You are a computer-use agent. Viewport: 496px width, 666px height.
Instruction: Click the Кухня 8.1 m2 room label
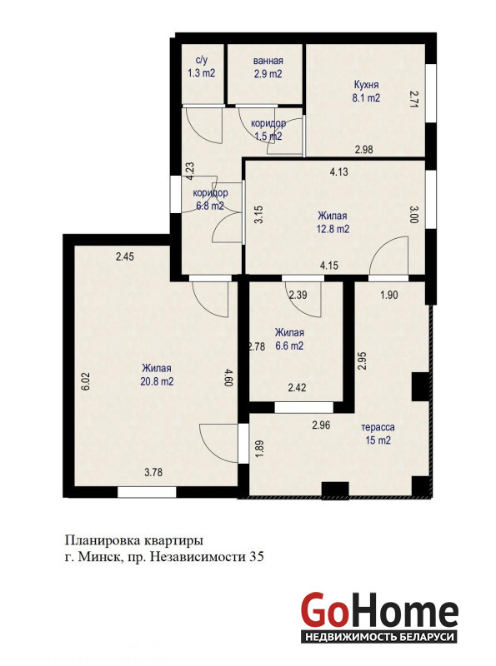pos(366,92)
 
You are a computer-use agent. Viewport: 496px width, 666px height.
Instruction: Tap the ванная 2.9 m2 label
pos(268,67)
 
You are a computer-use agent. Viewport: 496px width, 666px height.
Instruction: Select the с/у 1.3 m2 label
pos(202,67)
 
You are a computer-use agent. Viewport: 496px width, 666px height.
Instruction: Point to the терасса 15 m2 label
pos(378,434)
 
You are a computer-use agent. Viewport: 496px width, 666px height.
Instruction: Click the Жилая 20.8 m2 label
pos(157,375)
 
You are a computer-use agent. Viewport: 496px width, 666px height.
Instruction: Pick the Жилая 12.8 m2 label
pos(333,222)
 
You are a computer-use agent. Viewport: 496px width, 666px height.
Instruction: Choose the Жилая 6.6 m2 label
pos(289,339)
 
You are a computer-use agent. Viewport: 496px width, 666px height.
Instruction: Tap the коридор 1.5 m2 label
pos(268,130)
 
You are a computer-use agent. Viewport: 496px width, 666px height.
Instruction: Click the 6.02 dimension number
pos(86,381)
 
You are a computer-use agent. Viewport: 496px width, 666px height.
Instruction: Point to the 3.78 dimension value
pos(153,472)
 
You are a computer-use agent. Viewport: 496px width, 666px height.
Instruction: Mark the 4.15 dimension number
pos(329,266)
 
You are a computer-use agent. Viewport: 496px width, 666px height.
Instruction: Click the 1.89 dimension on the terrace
pos(259,449)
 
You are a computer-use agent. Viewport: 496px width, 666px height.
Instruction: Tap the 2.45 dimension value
pos(125,256)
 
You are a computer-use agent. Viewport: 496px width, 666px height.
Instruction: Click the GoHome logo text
pos(379,612)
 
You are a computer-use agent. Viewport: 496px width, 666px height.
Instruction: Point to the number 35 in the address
pos(257,556)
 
